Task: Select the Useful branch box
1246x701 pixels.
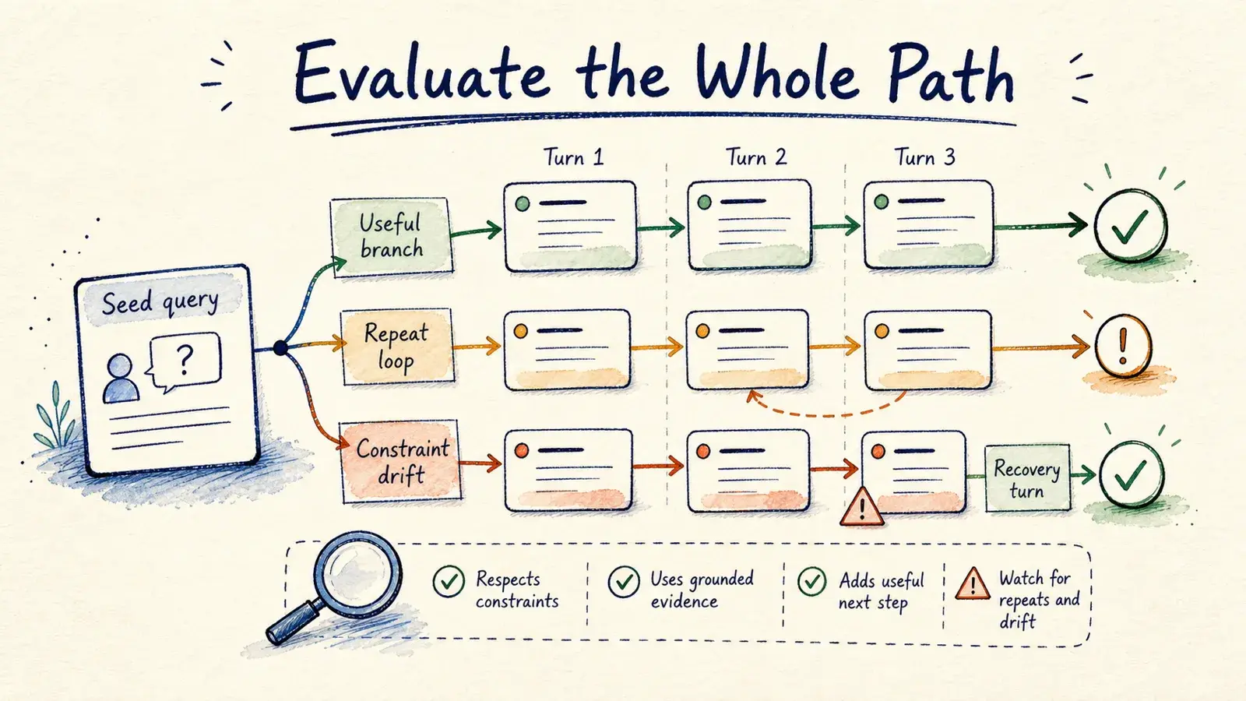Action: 391,237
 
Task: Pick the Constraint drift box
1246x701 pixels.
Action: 401,462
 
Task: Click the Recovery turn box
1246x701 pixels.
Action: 1027,478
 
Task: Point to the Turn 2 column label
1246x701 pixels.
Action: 756,157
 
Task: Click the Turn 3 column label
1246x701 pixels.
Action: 924,157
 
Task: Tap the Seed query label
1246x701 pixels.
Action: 160,302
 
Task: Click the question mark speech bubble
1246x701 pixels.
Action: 185,361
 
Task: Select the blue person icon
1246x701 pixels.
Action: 121,379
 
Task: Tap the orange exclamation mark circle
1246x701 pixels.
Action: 1123,346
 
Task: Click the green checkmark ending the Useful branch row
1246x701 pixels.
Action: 1130,225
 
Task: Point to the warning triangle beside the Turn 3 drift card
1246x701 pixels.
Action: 861,507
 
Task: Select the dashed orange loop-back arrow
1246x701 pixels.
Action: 828,410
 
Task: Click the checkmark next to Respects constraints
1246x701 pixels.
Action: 449,581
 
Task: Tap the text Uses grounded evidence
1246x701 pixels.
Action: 702,590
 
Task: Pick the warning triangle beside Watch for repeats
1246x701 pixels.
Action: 973,585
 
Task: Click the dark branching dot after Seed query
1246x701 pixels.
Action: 281,348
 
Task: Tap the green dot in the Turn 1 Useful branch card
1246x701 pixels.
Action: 523,203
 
